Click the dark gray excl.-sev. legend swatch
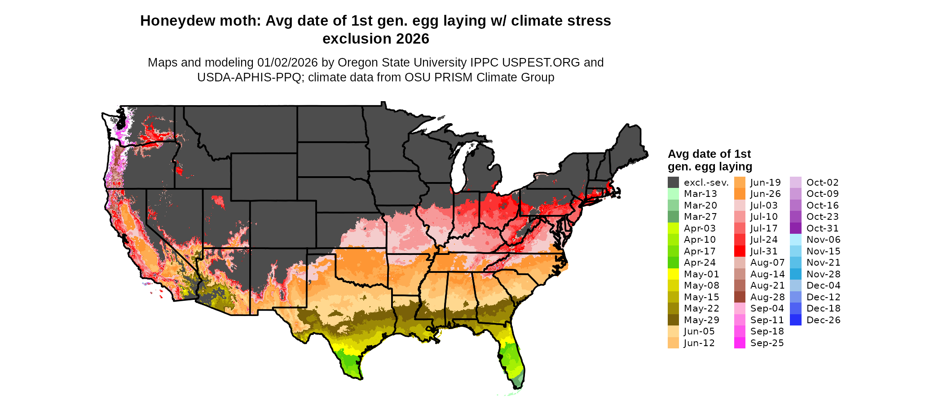pyautogui.click(x=673, y=183)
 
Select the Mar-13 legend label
pyautogui.click(x=700, y=194)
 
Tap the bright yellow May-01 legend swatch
pyautogui.click(x=673, y=274)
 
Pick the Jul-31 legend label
pyautogui.click(x=764, y=251)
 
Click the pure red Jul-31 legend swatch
pyautogui.click(x=740, y=251)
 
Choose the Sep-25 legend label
pyautogui.click(x=767, y=343)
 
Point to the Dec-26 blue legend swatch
pyautogui.click(x=795, y=320)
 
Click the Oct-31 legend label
pyautogui.click(x=823, y=228)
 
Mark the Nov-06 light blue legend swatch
pyautogui.click(x=795, y=240)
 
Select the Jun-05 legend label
pyautogui.click(x=699, y=331)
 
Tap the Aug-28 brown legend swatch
pyautogui.click(x=740, y=297)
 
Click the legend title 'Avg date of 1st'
pyautogui.click(x=709, y=154)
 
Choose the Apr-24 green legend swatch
pyautogui.click(x=673, y=263)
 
